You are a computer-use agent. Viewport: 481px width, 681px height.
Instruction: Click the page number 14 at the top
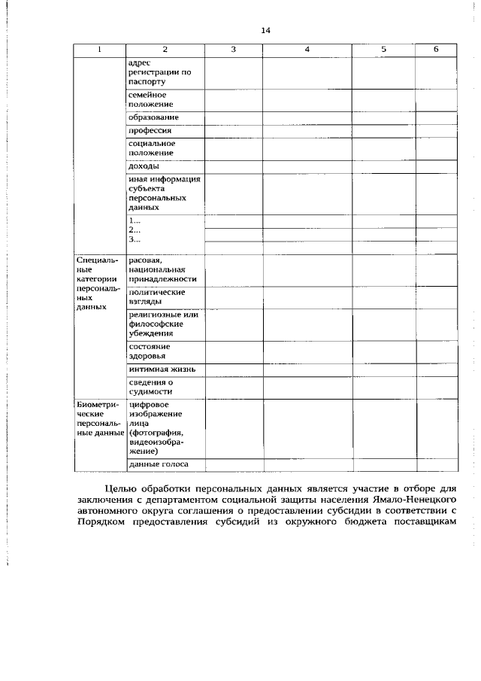(265, 31)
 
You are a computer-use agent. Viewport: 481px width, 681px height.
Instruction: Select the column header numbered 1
(98, 49)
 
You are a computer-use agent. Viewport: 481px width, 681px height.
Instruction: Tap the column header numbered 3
(233, 49)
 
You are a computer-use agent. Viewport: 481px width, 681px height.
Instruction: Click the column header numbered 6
(436, 49)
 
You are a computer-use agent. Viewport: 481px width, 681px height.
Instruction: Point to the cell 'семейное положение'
(147, 100)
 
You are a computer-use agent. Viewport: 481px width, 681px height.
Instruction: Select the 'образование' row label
(153, 117)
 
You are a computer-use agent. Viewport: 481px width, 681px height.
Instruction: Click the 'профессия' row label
(150, 130)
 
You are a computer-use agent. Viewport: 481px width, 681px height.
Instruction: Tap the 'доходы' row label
(143, 166)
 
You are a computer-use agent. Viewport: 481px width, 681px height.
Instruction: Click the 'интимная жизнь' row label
(162, 369)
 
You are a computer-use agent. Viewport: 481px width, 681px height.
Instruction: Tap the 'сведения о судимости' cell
(150, 387)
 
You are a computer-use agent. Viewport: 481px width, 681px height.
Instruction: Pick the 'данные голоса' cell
(158, 464)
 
